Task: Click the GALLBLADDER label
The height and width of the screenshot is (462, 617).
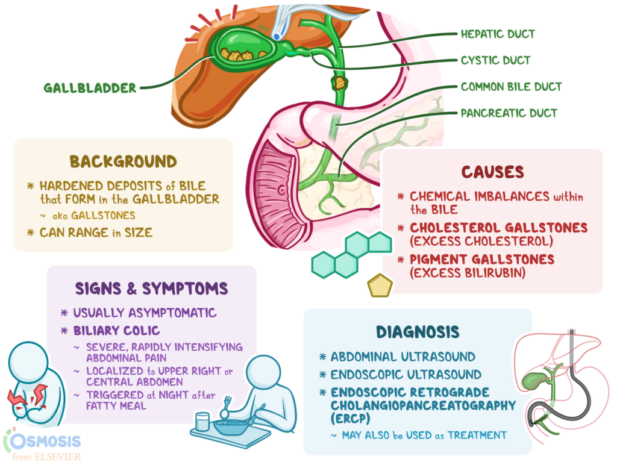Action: pos(90,88)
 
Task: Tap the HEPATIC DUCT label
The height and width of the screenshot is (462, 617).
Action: pos(498,34)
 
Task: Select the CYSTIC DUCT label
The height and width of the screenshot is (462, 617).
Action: pos(495,60)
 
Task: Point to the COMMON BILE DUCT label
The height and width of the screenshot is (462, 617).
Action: pos(511,87)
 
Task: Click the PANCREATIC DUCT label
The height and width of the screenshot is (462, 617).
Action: pos(509,113)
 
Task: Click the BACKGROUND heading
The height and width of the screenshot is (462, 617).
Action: pos(123,161)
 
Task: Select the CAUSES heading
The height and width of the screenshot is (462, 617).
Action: pos(492,172)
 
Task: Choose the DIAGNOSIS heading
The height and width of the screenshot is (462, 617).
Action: pos(418,332)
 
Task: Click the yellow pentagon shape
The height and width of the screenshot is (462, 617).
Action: pos(380,286)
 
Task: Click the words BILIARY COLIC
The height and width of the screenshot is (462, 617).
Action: pos(116,331)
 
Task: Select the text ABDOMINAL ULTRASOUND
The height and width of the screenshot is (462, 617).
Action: pos(402,357)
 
